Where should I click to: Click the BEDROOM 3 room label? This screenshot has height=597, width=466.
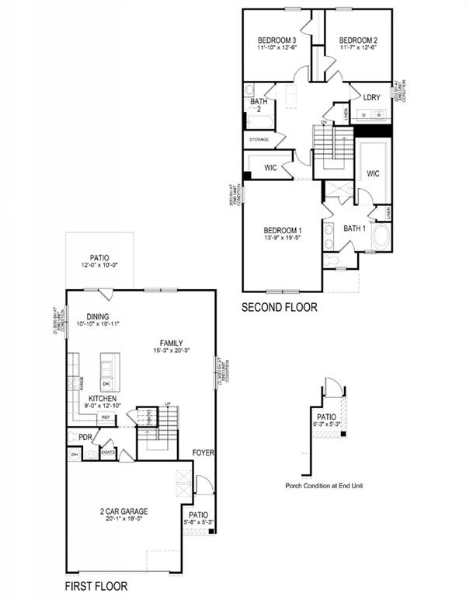(x=276, y=40)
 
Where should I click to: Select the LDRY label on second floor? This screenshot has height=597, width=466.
(x=371, y=97)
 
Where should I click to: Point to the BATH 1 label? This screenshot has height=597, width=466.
(x=353, y=229)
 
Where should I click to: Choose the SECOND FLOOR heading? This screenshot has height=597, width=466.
(x=279, y=307)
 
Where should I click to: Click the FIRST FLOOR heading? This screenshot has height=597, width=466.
(x=96, y=586)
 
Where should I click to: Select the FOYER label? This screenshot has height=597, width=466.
(x=203, y=452)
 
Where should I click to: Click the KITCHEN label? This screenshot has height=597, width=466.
(x=103, y=397)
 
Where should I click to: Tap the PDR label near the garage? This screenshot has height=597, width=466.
(x=85, y=437)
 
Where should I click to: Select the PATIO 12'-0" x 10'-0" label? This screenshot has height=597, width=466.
(x=99, y=258)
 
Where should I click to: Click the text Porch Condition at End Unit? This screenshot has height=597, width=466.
(x=324, y=486)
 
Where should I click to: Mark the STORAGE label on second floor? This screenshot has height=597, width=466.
(x=259, y=139)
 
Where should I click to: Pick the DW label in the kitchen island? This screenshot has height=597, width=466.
(x=106, y=384)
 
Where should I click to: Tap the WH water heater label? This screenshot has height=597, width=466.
(x=75, y=455)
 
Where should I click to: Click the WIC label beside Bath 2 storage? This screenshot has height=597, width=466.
(x=270, y=167)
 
